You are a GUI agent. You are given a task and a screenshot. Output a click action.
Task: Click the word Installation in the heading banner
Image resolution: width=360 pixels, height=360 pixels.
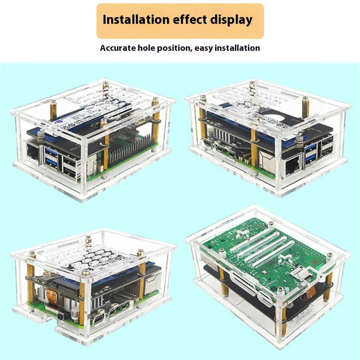pyautogui.click(x=136, y=19)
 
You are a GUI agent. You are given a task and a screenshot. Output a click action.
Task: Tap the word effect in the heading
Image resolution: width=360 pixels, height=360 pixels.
pyautogui.click(x=190, y=19)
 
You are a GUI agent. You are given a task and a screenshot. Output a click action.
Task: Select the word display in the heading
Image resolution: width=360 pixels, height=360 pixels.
pyautogui.click(x=231, y=20)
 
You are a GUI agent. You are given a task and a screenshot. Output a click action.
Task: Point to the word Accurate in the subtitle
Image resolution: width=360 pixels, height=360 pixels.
pyautogui.click(x=118, y=48)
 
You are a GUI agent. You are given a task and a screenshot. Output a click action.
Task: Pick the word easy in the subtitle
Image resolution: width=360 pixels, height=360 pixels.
pyautogui.click(x=204, y=48)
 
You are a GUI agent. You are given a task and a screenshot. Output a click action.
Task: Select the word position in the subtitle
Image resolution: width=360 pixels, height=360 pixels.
pyautogui.click(x=174, y=48)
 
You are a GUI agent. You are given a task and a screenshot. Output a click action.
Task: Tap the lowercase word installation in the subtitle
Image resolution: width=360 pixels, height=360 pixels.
pyautogui.click(x=237, y=48)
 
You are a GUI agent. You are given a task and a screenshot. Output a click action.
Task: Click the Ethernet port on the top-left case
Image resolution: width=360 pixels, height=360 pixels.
pyautogui.click(x=33, y=150)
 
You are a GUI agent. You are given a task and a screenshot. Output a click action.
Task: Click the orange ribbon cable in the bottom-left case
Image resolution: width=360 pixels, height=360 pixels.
pyautogui.click(x=51, y=296)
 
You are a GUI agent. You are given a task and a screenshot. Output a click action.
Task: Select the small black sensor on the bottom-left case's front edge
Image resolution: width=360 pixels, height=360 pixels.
pyautogui.click(x=60, y=317)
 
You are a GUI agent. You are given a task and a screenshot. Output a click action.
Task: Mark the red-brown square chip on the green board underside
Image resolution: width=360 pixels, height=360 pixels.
pyautogui.click(x=313, y=262)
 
